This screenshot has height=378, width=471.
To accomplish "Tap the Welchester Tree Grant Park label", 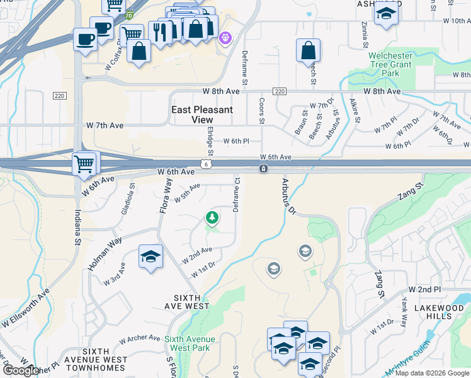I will (390, 65).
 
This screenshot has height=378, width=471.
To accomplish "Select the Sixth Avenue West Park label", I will (190, 343).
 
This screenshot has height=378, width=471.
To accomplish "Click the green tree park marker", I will (212, 218).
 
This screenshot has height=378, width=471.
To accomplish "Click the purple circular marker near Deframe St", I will (225, 39).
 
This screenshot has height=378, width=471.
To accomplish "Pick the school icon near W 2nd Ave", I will (150, 256).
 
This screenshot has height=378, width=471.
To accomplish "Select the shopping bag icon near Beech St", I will (308, 50).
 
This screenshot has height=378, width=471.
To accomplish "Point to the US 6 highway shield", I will (207, 164).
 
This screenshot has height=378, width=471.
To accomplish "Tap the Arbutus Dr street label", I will (288, 197).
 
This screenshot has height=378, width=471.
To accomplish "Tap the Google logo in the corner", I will (20, 370).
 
